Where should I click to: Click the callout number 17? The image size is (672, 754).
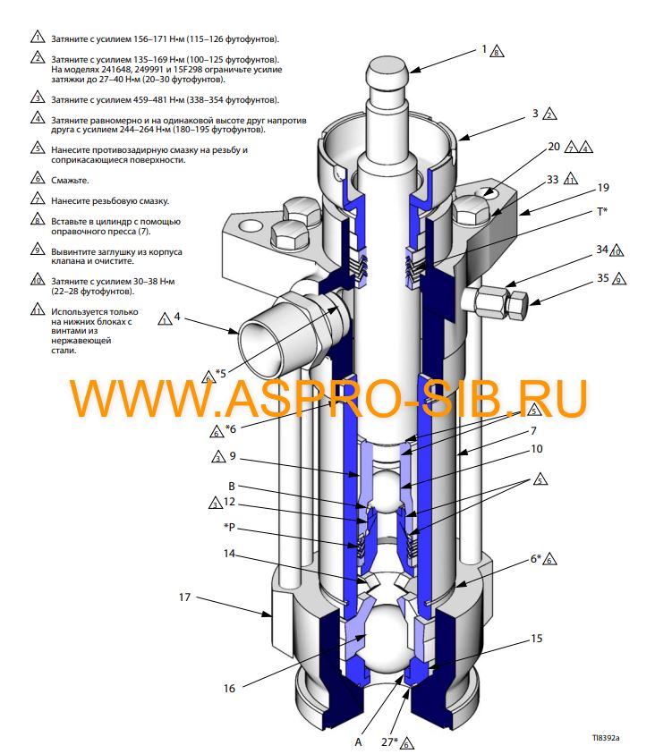pos(184,597)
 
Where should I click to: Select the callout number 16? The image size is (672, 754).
pos(229,688)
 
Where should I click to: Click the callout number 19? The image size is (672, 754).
pos(603,189)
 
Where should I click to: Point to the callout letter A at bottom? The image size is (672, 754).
pos(358,741)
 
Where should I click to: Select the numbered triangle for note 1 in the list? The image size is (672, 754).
pos(37,38)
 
